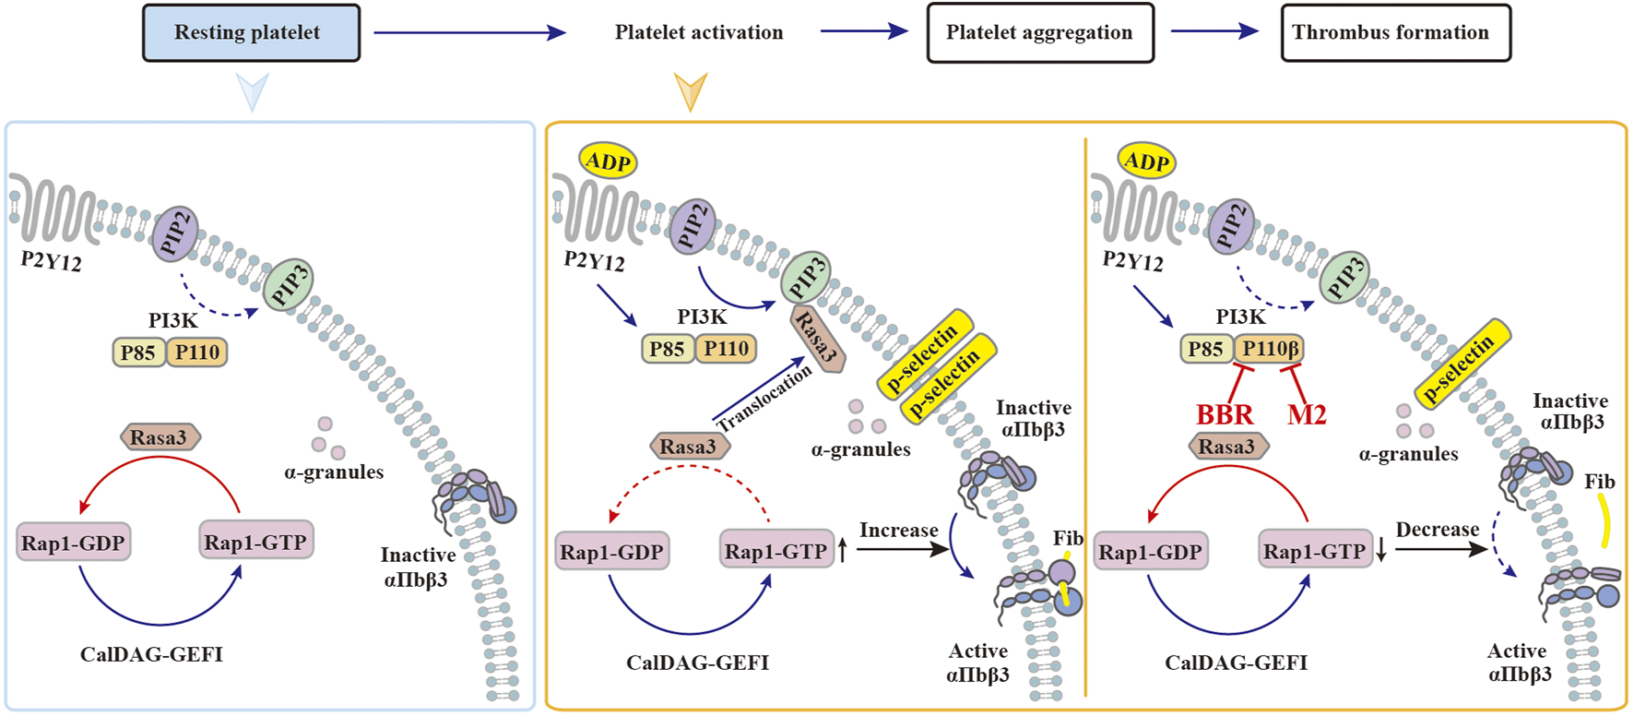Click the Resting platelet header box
coord(251,33)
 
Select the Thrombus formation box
coord(1395,33)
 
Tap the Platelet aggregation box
coord(1039,33)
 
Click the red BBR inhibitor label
coord(1225,415)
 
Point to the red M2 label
coord(1307,415)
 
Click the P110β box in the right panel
coord(1270,349)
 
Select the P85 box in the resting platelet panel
coord(138,353)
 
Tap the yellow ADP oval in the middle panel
coord(609,162)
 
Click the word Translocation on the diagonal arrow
coord(764,398)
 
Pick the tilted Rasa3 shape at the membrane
coord(817,339)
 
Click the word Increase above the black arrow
coord(898,531)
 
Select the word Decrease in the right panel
coord(1437,530)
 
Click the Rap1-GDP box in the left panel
coord(73,543)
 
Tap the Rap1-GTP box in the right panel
coord(1314,552)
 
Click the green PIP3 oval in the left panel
coord(289,284)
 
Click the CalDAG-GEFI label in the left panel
coord(151,655)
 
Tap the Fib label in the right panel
coord(1599,482)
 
